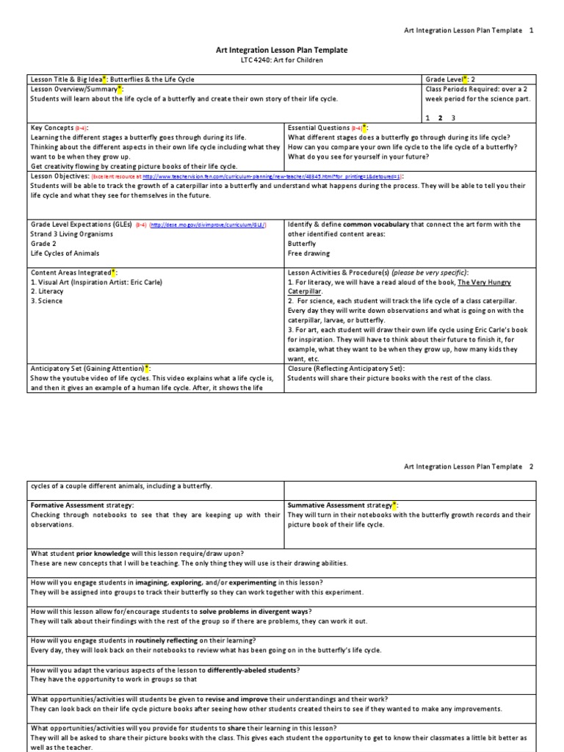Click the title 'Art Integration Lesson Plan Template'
[281, 50]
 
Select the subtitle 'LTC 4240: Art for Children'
[281, 60]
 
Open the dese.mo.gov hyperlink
[208, 225]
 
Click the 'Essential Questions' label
[319, 128]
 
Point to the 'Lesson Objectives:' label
[59, 177]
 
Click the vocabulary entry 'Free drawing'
[309, 253]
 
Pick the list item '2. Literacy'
[46, 292]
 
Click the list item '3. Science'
[46, 301]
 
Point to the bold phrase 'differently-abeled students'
[253, 669]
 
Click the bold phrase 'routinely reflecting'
[167, 640]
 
